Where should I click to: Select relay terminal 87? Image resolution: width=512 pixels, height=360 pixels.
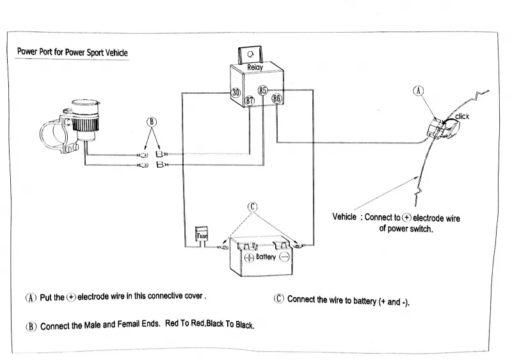click(250, 101)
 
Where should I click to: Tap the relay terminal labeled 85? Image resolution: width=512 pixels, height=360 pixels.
click(262, 90)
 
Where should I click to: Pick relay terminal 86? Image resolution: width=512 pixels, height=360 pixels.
click(276, 99)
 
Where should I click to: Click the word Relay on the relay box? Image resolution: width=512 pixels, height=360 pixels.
click(255, 67)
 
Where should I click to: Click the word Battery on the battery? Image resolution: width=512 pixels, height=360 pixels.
click(266, 257)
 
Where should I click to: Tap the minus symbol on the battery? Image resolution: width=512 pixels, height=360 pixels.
click(285, 257)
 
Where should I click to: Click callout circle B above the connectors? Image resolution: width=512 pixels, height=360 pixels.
click(152, 122)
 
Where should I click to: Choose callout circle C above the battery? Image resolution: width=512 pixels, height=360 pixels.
click(252, 206)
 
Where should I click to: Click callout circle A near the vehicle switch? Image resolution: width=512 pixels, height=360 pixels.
click(419, 92)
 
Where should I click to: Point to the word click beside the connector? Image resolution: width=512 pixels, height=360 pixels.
click(462, 116)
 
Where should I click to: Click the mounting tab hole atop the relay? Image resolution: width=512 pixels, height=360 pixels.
click(252, 53)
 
